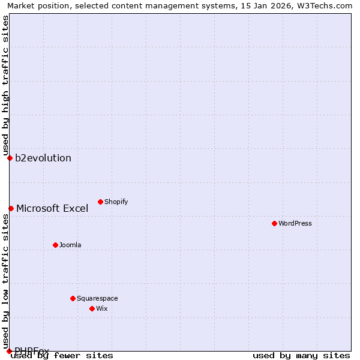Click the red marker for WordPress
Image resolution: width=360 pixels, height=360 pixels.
tap(274, 223)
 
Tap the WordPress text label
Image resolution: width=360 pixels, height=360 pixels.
tap(295, 223)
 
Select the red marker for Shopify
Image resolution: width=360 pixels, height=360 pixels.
tap(100, 202)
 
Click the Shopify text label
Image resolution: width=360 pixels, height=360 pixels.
tap(116, 202)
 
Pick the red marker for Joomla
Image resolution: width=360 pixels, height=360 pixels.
tap(55, 245)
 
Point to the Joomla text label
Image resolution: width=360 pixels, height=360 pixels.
tap(70, 245)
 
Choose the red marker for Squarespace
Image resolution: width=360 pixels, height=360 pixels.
tap(73, 298)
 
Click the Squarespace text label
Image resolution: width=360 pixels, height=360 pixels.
tap(97, 298)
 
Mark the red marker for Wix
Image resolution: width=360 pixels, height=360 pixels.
tap(92, 308)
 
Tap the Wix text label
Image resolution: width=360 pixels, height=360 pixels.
tap(101, 308)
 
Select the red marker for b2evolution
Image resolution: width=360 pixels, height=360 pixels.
tap(10, 158)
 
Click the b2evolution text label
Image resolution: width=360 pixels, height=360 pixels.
tap(43, 158)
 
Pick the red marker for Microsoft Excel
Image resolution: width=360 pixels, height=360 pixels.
tap(11, 208)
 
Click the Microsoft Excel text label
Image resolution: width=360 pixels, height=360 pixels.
tap(52, 208)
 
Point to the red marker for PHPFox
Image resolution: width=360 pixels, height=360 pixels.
tap(9, 351)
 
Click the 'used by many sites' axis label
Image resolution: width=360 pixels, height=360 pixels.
tap(301, 355)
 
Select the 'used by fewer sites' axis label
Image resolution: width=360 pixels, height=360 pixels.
tap(62, 355)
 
